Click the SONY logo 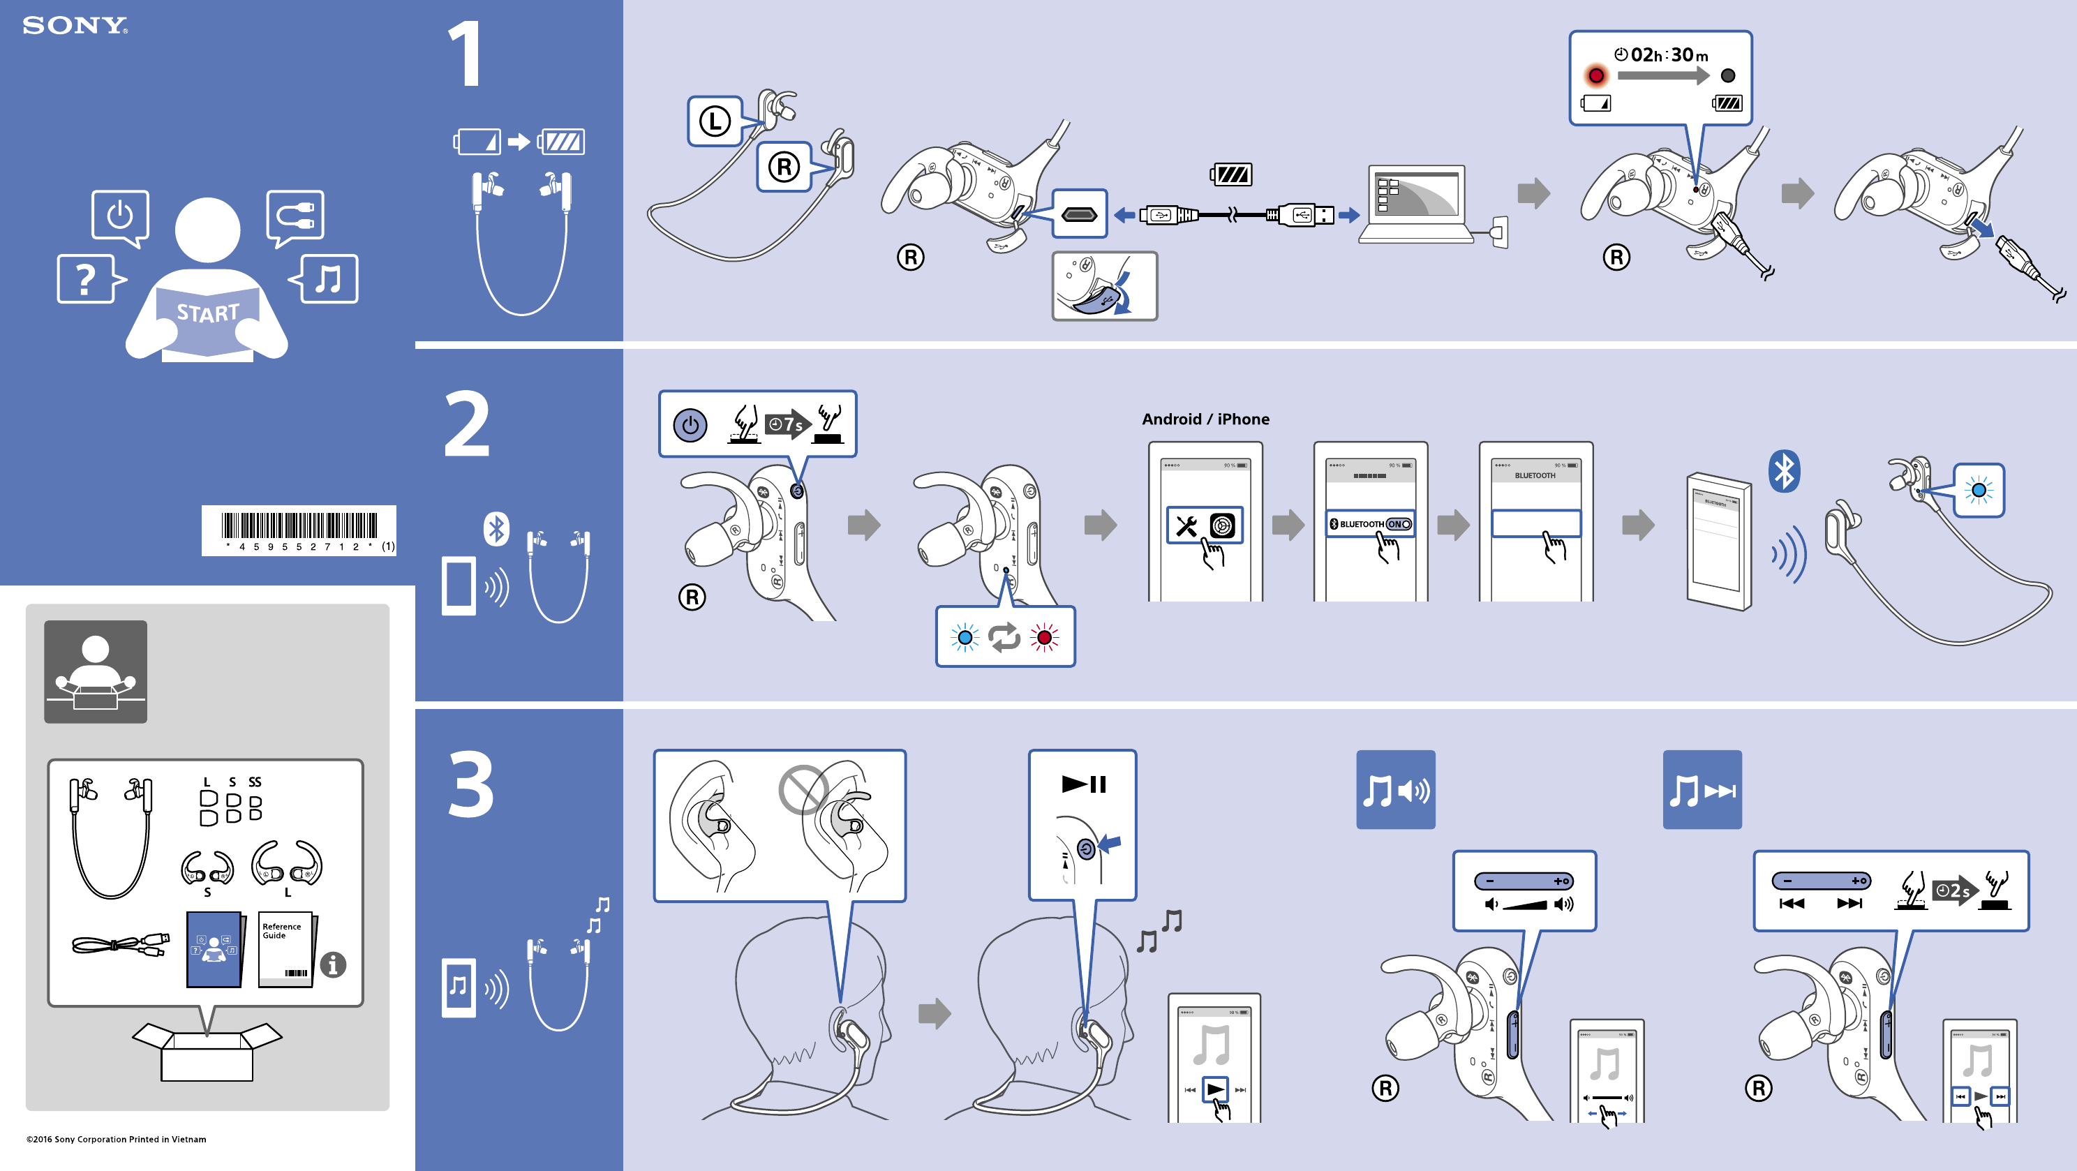click(75, 26)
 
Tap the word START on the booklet click(208, 312)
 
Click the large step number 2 click(467, 424)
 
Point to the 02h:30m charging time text click(1668, 55)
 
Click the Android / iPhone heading click(1205, 419)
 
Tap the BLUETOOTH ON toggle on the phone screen click(1399, 524)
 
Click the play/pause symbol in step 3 click(1084, 784)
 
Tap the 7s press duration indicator click(785, 424)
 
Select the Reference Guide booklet click(286, 949)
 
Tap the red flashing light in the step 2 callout click(1044, 638)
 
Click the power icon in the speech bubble click(120, 216)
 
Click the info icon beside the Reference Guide click(333, 964)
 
